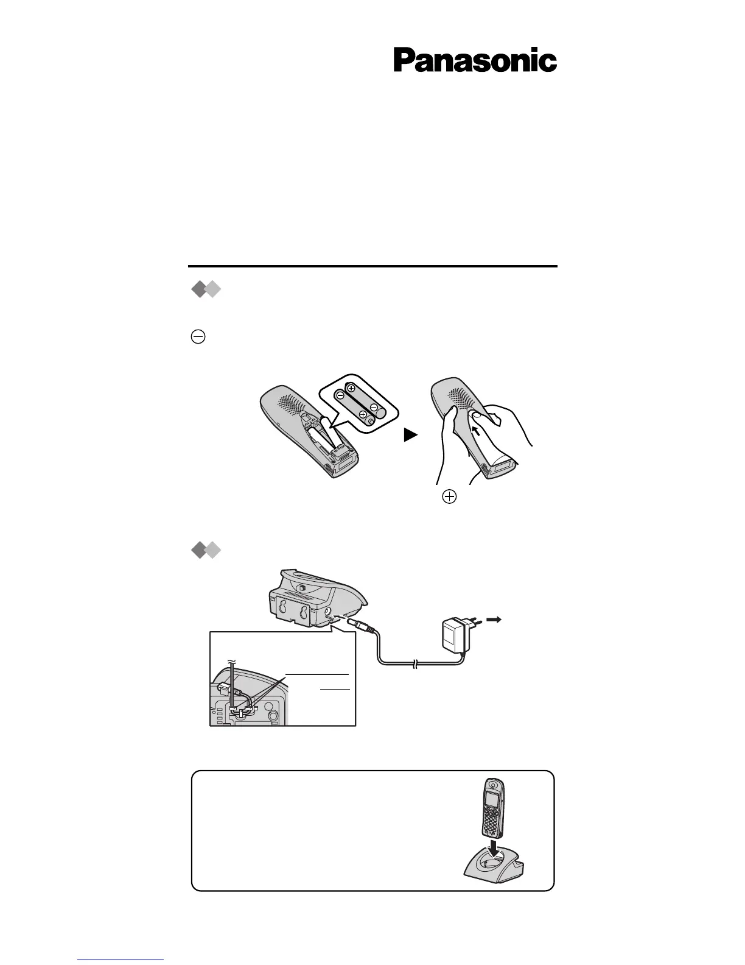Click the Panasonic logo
point(475,60)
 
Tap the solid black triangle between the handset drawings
point(412,435)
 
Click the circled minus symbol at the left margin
point(198,338)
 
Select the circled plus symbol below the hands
point(449,497)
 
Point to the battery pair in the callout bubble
point(359,403)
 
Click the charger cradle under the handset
point(494,868)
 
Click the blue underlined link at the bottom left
point(121,959)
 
